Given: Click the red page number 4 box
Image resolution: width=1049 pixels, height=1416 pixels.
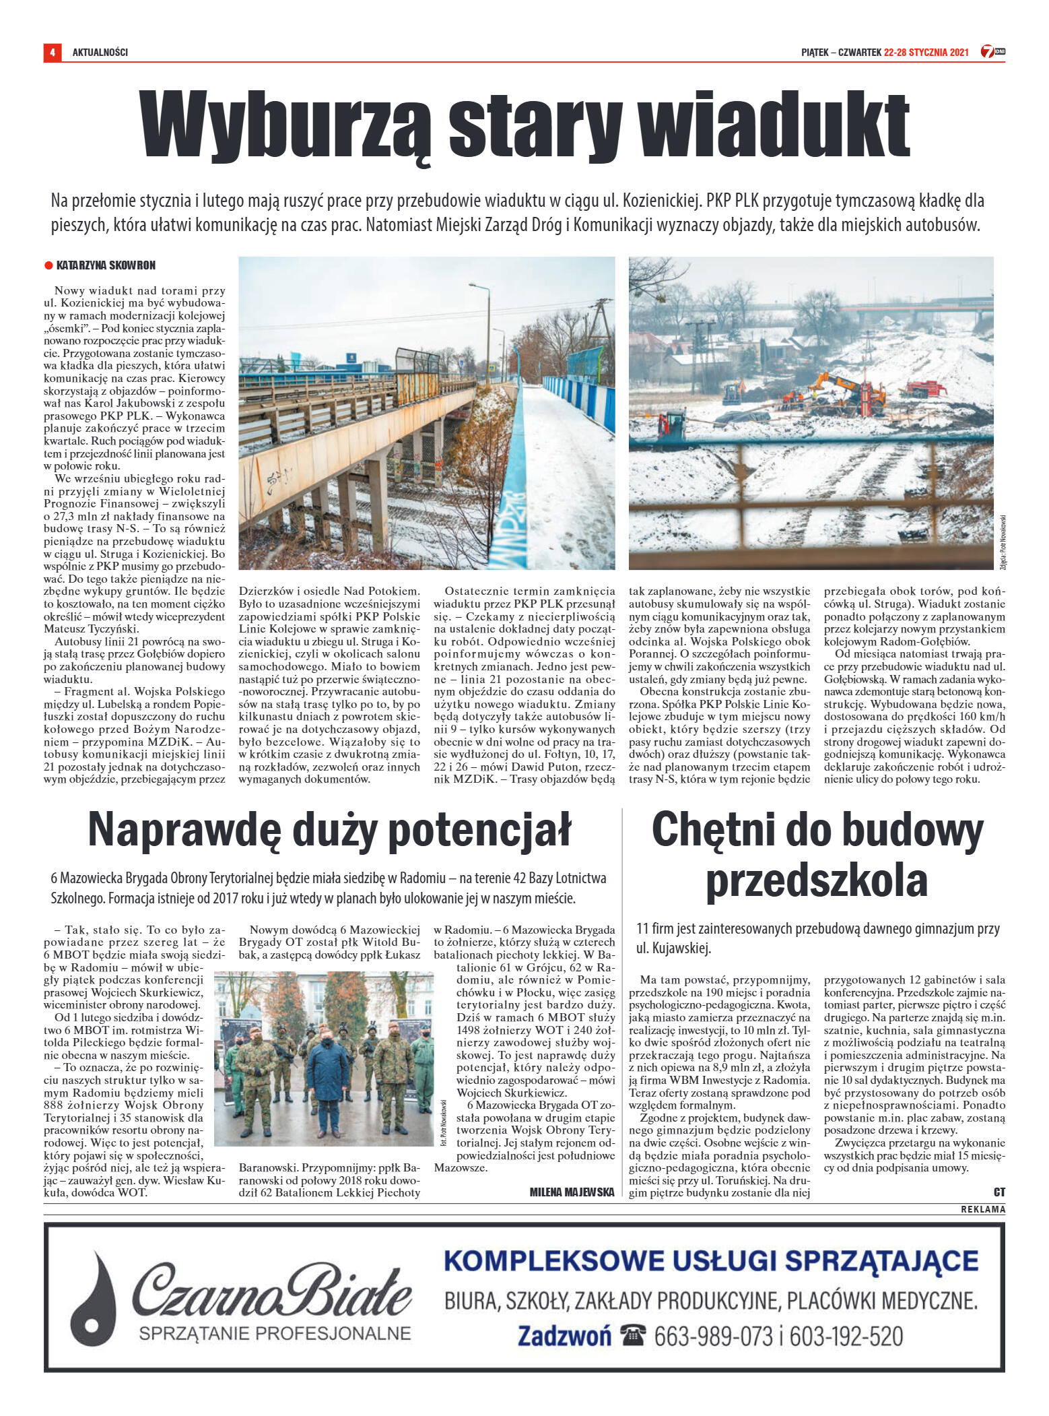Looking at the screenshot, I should [x=52, y=52].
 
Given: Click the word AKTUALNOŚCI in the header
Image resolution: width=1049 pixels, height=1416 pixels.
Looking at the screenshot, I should [x=100, y=53].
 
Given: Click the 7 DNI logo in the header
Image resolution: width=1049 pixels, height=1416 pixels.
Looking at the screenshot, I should [x=992, y=52].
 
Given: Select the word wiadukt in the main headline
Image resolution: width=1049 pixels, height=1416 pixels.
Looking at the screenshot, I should [x=774, y=126].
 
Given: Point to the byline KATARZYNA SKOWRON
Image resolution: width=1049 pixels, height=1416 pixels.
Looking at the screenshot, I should [x=106, y=265].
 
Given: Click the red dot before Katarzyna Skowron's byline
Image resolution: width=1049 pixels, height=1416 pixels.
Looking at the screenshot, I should [x=48, y=265].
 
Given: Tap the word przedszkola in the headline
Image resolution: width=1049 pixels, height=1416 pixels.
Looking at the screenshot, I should [x=816, y=880].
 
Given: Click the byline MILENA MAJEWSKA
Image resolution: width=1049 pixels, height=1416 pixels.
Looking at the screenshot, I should [x=572, y=1192].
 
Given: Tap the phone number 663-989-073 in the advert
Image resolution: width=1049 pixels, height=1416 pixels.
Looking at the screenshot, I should [x=713, y=1336].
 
